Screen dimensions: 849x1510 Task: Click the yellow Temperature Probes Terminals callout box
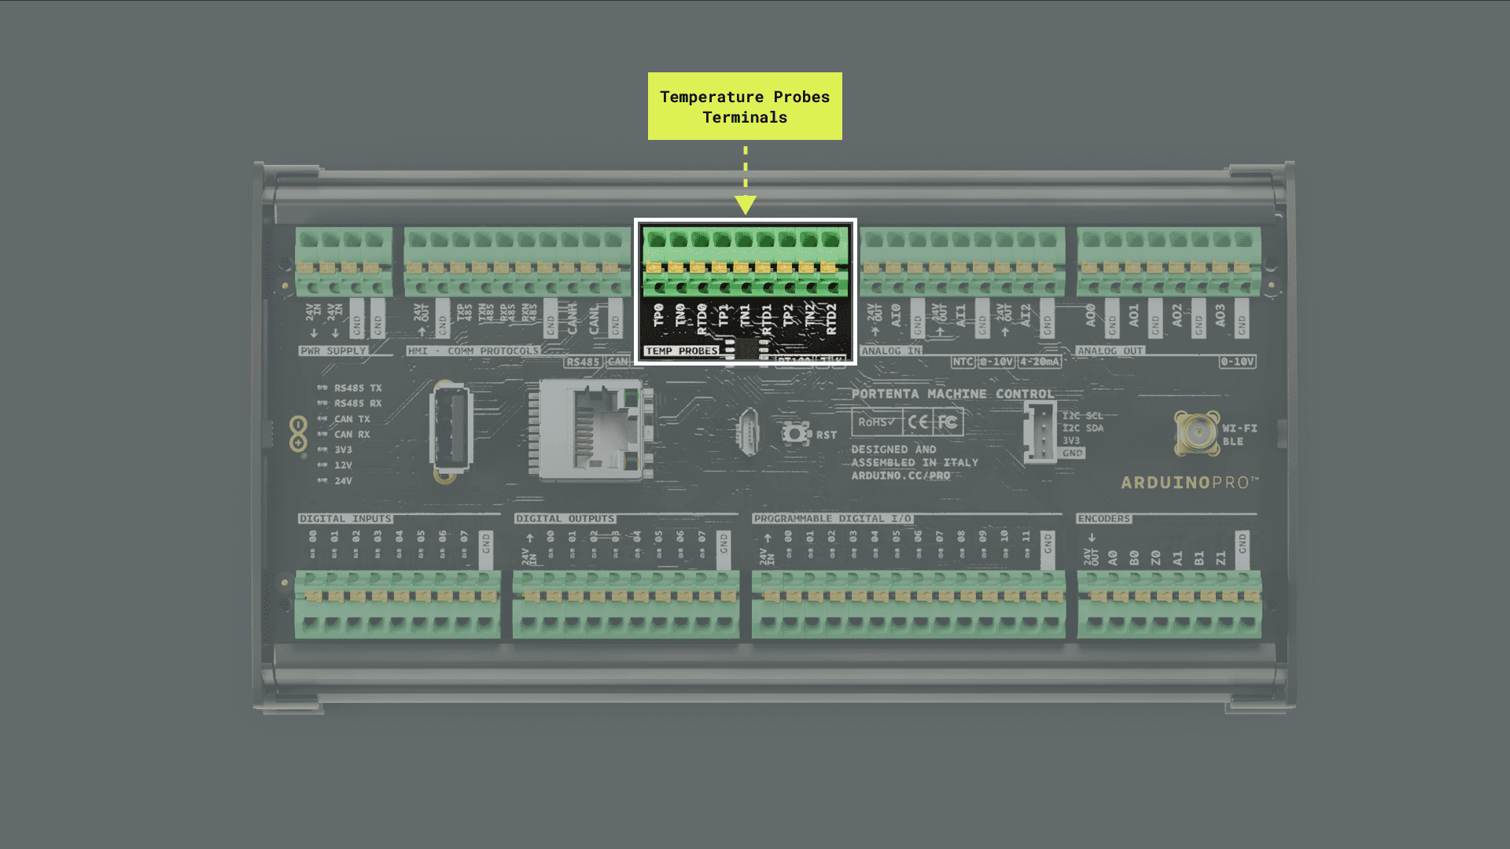pos(745,106)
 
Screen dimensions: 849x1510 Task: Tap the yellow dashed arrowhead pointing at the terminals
pos(746,204)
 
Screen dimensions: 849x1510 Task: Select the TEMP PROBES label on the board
pos(681,351)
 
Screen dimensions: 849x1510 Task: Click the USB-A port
pos(451,428)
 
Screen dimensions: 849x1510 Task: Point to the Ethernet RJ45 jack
pos(595,429)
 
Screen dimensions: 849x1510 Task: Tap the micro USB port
pos(749,432)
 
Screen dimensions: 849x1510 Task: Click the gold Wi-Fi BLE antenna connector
pos(1196,432)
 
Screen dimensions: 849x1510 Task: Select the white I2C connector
pos(1040,432)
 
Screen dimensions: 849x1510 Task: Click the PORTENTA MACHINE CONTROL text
pos(952,394)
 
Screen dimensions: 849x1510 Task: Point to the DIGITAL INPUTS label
pos(345,519)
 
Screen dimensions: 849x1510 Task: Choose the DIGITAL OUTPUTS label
pos(565,519)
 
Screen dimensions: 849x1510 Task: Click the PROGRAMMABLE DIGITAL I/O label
pos(832,519)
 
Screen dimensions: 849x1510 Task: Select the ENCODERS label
pos(1104,519)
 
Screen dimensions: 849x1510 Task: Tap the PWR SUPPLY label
pos(333,351)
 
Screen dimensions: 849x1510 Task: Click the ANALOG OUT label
pos(1110,351)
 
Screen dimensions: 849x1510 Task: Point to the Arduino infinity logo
pos(298,434)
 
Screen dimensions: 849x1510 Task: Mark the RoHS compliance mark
pos(876,422)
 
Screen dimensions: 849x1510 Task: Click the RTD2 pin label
pos(831,319)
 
